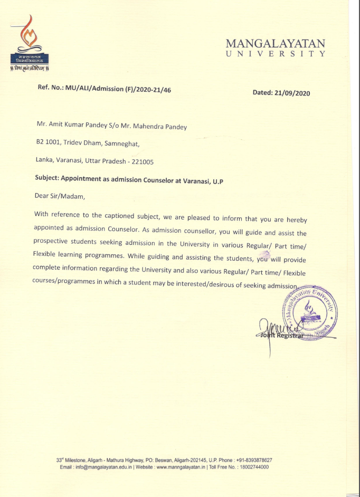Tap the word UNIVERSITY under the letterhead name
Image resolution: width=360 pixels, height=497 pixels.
pos(275,54)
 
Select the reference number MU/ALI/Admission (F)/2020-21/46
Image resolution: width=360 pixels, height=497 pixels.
pos(118,90)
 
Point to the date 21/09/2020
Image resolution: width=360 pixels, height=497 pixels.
pos(292,93)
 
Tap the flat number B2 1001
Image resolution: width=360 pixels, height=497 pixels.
pos(48,142)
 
